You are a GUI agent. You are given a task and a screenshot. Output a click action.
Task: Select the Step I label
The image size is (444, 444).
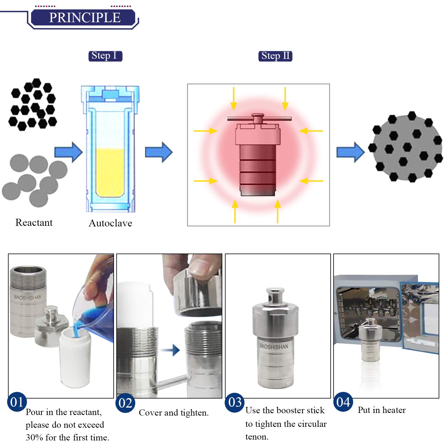coord(105,56)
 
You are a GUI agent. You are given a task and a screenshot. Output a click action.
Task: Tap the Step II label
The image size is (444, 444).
coord(275,56)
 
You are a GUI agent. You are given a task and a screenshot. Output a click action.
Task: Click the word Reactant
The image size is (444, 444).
coord(34,222)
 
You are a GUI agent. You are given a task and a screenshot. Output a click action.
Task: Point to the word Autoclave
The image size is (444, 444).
coord(110,223)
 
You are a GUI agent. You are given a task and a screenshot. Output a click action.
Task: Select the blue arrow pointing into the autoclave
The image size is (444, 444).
coord(68,152)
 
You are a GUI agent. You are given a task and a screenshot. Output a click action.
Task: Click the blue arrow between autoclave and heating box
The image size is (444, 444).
coord(159,152)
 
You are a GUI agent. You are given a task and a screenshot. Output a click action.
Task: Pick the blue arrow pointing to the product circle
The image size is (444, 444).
coord(350,152)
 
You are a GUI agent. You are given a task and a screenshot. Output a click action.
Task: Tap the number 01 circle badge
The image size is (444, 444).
coord(17,402)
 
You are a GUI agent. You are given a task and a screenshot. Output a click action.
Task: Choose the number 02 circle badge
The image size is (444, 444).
coord(125,403)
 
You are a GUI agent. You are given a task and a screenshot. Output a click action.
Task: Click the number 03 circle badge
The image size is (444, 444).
coord(235,402)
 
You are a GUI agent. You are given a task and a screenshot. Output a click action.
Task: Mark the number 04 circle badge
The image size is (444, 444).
coord(343,402)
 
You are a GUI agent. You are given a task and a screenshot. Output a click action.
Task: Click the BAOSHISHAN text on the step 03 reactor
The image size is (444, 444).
coord(274,346)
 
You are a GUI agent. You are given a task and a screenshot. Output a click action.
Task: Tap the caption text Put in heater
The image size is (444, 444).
coord(382,410)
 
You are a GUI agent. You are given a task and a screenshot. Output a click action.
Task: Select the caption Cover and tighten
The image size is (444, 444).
coord(174,413)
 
